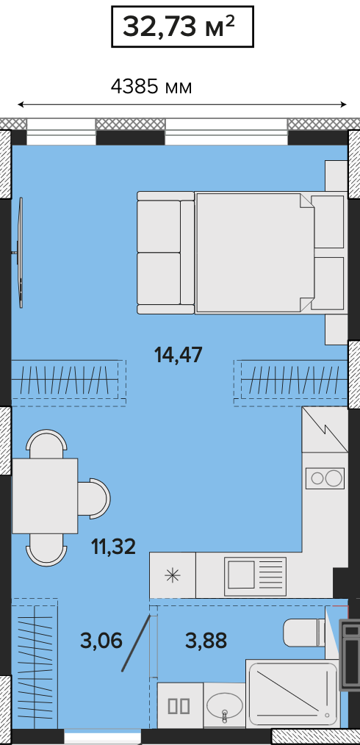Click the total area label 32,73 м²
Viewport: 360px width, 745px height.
pyautogui.click(x=179, y=26)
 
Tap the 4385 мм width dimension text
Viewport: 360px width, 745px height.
pyautogui.click(x=151, y=87)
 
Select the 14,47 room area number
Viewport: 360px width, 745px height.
pyautogui.click(x=179, y=354)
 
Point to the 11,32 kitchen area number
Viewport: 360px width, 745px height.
pyautogui.click(x=114, y=547)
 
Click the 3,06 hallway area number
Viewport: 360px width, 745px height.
pyautogui.click(x=101, y=641)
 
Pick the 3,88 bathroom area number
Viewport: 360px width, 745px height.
pyautogui.click(x=206, y=641)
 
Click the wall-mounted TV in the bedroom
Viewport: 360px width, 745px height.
pyautogui.click(x=20, y=252)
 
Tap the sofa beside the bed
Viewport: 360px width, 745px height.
pyautogui.click(x=166, y=253)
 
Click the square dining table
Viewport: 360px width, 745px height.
pyautogui.click(x=45, y=495)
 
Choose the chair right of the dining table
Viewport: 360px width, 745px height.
pyautogui.click(x=94, y=498)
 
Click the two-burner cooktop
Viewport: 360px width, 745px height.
pyautogui.click(x=325, y=478)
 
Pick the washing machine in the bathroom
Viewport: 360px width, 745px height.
pyautogui.click(x=180, y=705)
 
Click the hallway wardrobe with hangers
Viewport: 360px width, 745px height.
pyautogui.click(x=35, y=663)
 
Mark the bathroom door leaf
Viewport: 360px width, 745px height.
pyautogui.click(x=137, y=643)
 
